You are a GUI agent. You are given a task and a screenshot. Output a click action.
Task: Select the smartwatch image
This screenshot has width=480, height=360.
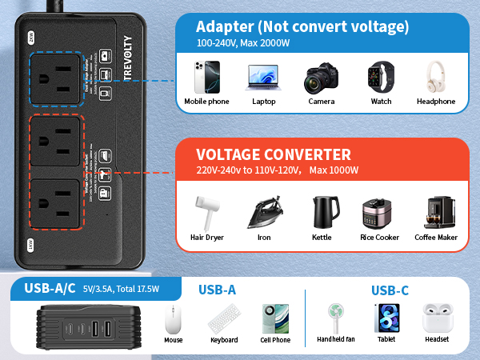[x=376, y=78]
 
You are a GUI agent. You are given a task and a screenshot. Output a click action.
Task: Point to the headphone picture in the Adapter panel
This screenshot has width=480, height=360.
[x=435, y=77]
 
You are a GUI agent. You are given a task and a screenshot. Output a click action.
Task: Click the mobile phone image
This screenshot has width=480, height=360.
[x=206, y=78]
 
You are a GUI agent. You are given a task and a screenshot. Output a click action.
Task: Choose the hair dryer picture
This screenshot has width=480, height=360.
[x=206, y=212]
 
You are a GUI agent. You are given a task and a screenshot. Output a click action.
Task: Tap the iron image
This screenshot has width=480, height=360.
[x=263, y=212]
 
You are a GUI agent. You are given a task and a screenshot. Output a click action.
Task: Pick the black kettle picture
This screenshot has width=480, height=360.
[x=322, y=212]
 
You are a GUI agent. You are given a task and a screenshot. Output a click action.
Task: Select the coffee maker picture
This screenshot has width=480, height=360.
[x=435, y=212]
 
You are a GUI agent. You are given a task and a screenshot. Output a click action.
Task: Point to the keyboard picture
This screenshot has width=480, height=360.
[x=223, y=320]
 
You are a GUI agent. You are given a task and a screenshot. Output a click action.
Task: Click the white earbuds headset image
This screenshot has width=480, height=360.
[x=436, y=318]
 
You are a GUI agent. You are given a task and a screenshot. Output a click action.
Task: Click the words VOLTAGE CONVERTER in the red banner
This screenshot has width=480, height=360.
[x=274, y=154]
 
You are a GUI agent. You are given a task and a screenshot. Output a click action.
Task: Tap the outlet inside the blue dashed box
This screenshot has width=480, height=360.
[x=57, y=78]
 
